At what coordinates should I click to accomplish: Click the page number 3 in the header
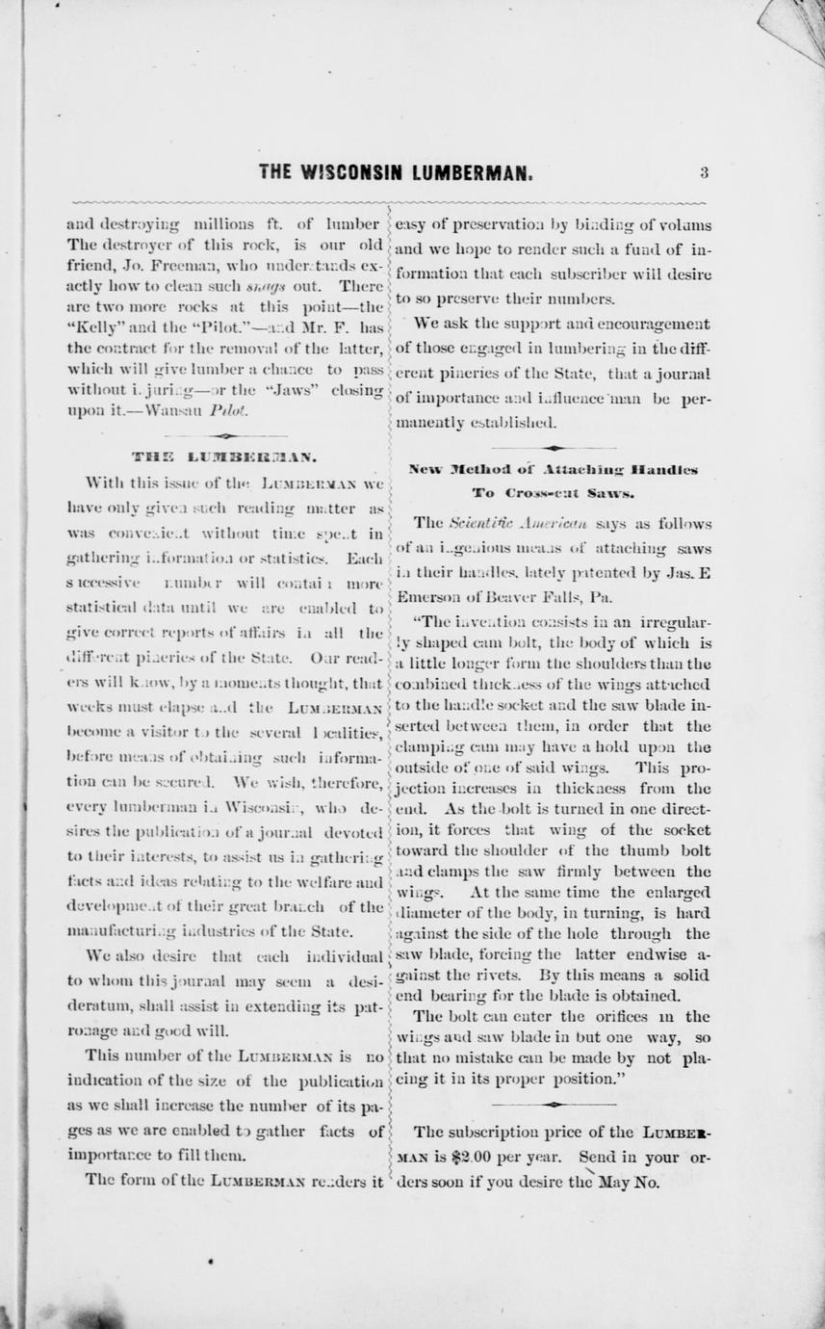pyautogui.click(x=704, y=173)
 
